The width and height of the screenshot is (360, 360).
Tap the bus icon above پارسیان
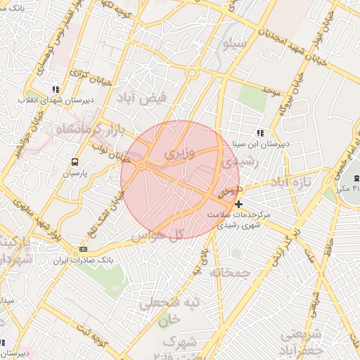point(75,160)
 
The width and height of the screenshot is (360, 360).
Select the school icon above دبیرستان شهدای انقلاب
point(56,90)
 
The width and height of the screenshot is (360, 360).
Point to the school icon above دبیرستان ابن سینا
point(260,132)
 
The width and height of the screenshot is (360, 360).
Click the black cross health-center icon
point(239,203)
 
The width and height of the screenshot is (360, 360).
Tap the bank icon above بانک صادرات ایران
point(84,249)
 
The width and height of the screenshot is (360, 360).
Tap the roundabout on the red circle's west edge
point(142,165)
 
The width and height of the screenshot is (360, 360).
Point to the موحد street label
point(271,92)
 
